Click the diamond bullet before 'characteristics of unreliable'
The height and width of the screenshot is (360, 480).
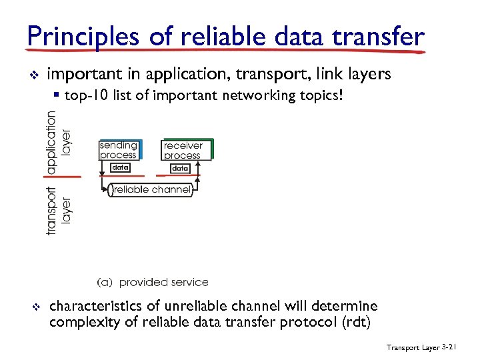pos(37,307)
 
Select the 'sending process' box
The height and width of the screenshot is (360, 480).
pos(119,150)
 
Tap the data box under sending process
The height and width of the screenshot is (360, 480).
pos(120,168)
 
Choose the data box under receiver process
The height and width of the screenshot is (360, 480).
pos(180,169)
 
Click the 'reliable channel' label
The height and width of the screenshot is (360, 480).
pos(152,190)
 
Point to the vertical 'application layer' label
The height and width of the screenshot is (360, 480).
pos(58,141)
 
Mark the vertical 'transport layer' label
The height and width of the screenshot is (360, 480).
pos(58,209)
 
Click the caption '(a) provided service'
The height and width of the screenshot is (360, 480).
pos(153,282)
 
